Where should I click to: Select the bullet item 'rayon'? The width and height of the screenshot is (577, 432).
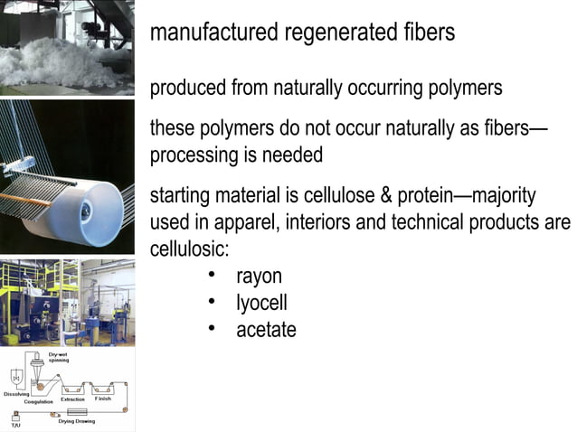pyautogui.click(x=259, y=277)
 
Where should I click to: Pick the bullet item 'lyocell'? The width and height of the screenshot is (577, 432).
pyautogui.click(x=261, y=304)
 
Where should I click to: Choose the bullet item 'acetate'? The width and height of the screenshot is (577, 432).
pyautogui.click(x=266, y=331)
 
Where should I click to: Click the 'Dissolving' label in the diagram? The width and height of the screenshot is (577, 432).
pyautogui.click(x=17, y=395)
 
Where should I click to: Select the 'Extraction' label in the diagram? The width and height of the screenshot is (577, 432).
pyautogui.click(x=72, y=399)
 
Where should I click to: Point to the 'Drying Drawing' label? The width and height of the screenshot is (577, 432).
pyautogui.click(x=77, y=421)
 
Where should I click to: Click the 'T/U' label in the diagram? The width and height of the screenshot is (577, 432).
pyautogui.click(x=15, y=425)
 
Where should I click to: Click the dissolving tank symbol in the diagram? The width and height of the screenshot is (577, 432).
pyautogui.click(x=18, y=377)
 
